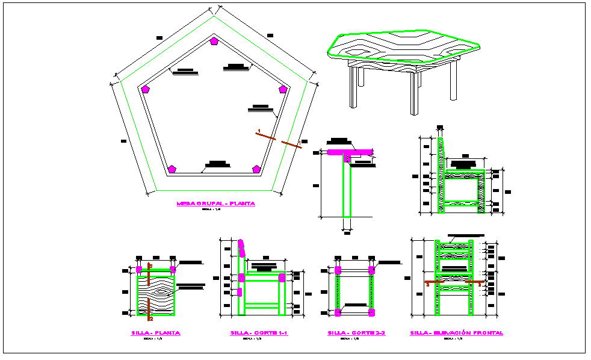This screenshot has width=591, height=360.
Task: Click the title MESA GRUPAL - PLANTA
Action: (x=215, y=203)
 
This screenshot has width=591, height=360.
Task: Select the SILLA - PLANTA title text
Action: (x=155, y=333)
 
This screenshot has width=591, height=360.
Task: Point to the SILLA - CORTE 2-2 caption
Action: (x=356, y=333)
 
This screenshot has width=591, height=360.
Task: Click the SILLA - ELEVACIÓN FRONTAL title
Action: (x=456, y=333)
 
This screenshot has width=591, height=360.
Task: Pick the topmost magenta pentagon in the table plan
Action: (x=214, y=42)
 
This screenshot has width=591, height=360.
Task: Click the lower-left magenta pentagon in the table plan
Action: (x=172, y=169)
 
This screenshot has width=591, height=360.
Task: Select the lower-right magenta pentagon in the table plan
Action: (x=256, y=169)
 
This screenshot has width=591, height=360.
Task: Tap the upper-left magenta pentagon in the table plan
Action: (x=145, y=89)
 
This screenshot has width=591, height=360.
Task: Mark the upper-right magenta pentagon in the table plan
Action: (x=283, y=89)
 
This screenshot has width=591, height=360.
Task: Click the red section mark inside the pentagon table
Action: (x=265, y=136)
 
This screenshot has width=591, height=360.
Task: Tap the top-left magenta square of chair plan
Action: (x=139, y=268)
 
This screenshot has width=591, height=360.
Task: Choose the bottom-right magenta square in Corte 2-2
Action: (x=372, y=312)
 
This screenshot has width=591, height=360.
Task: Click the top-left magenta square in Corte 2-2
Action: (x=338, y=269)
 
